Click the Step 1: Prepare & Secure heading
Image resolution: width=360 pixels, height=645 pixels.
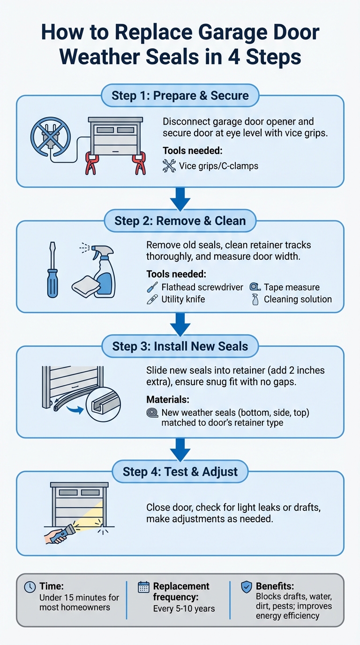(180, 96)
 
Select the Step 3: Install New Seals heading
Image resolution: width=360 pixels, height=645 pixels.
(180, 346)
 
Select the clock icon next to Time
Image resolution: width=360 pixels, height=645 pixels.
(30, 586)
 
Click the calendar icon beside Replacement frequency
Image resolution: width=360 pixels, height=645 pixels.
(143, 586)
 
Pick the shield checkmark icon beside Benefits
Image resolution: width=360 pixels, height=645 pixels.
(246, 586)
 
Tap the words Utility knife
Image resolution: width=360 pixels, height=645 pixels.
(183, 299)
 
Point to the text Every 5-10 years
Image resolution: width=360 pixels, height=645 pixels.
(184, 608)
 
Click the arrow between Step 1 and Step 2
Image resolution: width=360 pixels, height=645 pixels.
(180, 198)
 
